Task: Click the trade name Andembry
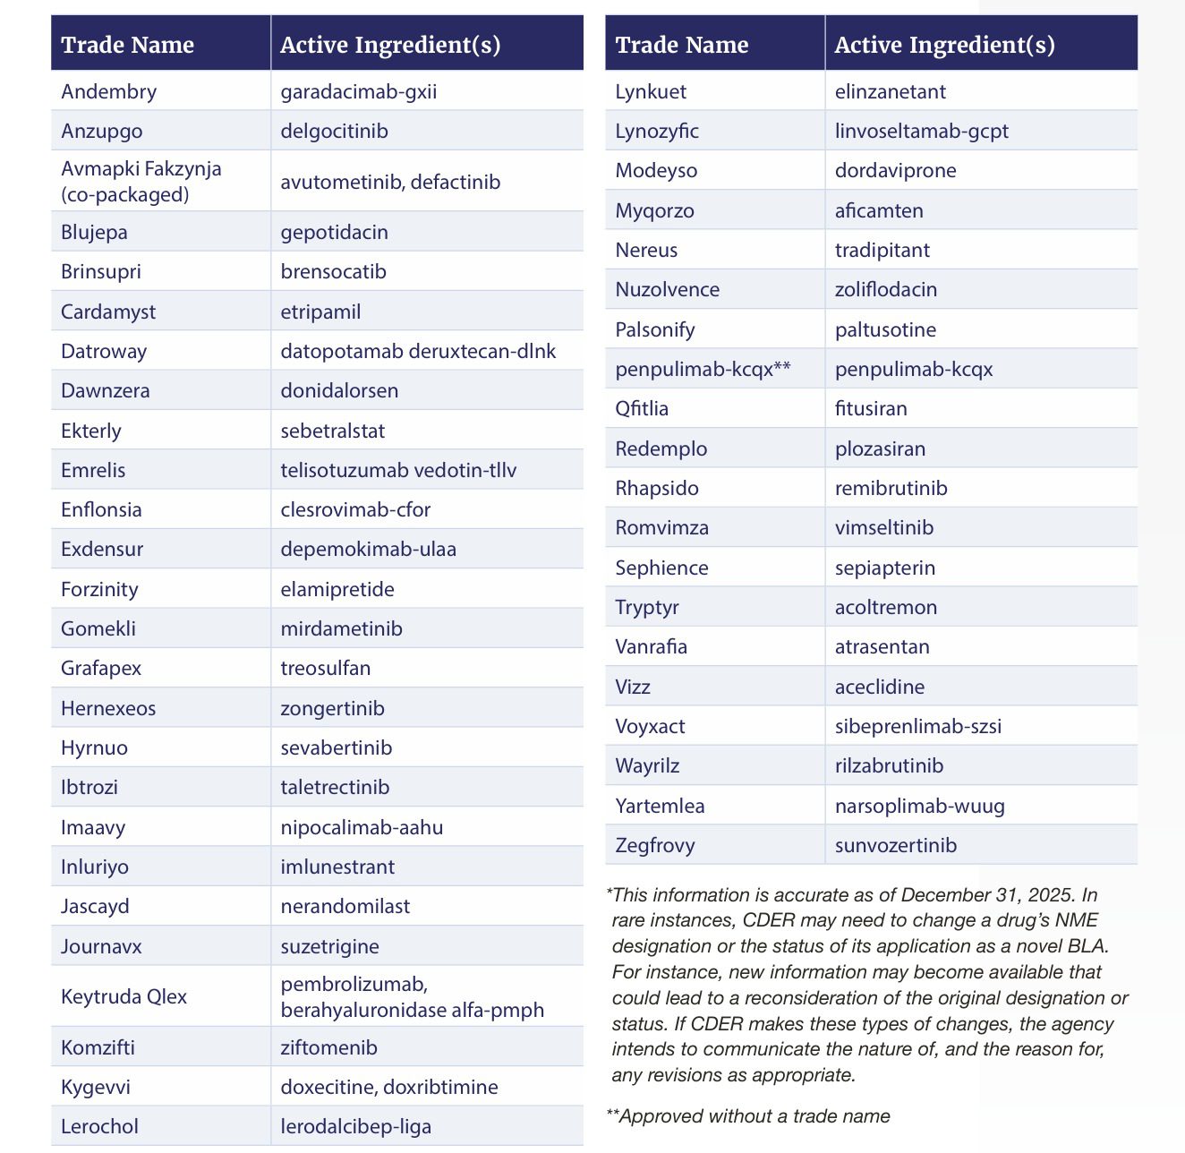coord(108,91)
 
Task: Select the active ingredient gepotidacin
coord(334,232)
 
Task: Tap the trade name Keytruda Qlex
coord(124,996)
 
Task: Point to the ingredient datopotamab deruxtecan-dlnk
coord(418,351)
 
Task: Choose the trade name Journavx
coord(101,946)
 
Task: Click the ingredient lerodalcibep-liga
coord(355,1126)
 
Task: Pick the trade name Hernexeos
coord(108,708)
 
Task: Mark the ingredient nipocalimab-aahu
coord(362,827)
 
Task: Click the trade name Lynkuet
coord(651,91)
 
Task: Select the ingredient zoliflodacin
coord(885,289)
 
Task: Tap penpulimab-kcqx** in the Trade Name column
coord(703,369)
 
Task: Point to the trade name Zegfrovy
coord(654,845)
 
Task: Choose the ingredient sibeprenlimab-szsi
coord(917,726)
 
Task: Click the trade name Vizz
coord(633,687)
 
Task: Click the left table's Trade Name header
coord(127,45)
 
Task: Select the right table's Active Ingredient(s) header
coord(944,45)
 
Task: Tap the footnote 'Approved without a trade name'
coord(754,1115)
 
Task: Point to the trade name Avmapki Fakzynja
coord(141,169)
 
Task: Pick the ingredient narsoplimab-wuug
coord(919,806)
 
